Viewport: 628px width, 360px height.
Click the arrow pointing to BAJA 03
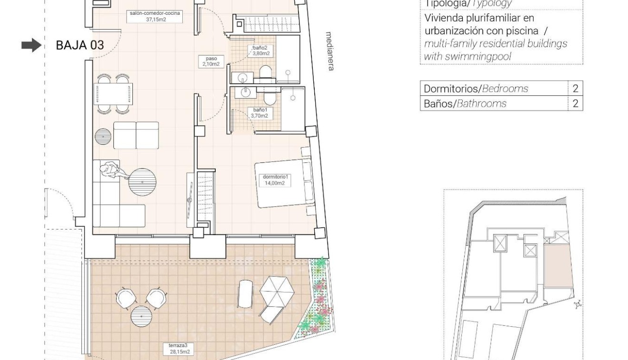(31, 45)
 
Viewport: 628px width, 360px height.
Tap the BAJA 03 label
(80, 46)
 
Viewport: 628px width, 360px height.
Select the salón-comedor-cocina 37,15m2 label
(155, 16)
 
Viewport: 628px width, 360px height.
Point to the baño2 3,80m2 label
(261, 50)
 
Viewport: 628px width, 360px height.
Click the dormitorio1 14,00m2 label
(276, 180)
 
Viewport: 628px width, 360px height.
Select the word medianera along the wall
(329, 51)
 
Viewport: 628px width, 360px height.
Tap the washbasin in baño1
(245, 91)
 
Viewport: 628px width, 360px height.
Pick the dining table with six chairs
(113, 93)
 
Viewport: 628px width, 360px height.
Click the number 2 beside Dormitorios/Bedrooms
(575, 89)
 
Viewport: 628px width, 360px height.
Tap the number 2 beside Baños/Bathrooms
(575, 103)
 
